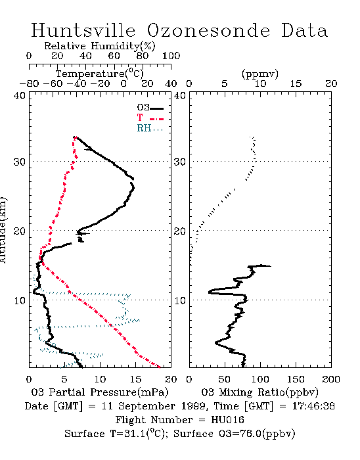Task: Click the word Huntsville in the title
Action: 83,30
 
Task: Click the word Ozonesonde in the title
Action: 208,30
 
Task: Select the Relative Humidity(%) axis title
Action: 100,46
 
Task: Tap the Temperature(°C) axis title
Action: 100,74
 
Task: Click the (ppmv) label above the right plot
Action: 260,74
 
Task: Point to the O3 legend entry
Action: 150,108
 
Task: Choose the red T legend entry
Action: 150,118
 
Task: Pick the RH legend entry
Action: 150,128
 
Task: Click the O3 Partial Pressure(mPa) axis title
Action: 100,392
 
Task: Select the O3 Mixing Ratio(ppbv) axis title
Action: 259,392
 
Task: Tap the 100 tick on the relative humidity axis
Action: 171,56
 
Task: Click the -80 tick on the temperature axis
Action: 29,83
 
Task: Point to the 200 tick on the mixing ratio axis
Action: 331,379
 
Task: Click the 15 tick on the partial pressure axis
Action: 135,379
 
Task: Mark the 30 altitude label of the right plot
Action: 180,162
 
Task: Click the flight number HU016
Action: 227,420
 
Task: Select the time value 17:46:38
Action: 313,406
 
